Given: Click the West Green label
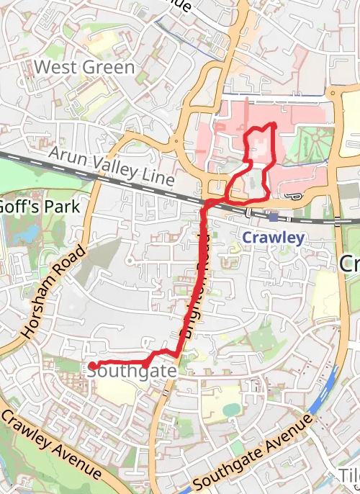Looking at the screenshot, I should click(x=84, y=68).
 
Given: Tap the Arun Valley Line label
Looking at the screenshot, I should click(x=112, y=166).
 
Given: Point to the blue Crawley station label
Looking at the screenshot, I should click(x=273, y=238).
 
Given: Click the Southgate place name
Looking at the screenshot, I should click(x=132, y=371).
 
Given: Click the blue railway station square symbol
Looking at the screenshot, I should click(x=274, y=217).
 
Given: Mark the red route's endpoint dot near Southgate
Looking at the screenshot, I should click(x=92, y=366).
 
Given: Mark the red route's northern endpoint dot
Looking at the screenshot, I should click(x=274, y=125).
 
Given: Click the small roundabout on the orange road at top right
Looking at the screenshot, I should click(x=333, y=93).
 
